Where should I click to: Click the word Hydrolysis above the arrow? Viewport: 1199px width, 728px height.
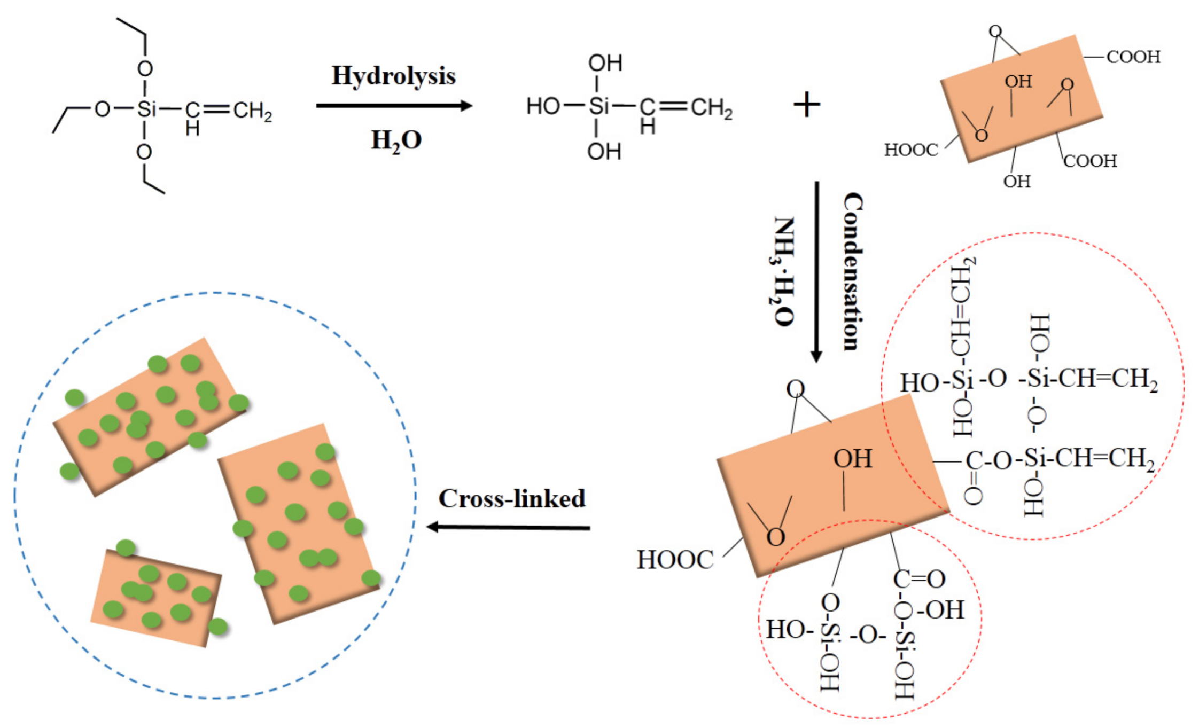pos(393,76)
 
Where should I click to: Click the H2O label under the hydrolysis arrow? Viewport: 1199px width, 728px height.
pos(396,140)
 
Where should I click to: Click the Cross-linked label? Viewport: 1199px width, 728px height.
pos(511,499)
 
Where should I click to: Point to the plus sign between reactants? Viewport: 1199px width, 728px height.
pos(806,105)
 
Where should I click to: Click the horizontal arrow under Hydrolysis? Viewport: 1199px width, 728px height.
pos(394,106)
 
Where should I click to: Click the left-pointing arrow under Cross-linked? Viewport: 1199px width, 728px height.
pos(508,528)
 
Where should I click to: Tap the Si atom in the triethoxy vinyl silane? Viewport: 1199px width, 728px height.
pos(146,109)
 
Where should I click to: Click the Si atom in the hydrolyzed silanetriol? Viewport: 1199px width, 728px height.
pos(598,106)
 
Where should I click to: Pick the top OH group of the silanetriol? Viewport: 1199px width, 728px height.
pos(605,64)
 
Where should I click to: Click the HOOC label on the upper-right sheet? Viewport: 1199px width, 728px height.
pos(910,150)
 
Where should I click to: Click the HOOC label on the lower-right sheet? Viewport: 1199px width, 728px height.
pos(675,560)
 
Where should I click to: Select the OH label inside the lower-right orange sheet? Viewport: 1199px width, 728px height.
pos(853,459)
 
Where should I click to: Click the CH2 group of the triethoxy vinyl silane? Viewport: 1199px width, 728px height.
pos(252,111)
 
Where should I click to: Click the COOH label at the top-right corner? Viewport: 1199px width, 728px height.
pos(1133,57)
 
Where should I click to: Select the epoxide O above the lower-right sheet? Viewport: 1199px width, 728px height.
pos(795,389)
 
